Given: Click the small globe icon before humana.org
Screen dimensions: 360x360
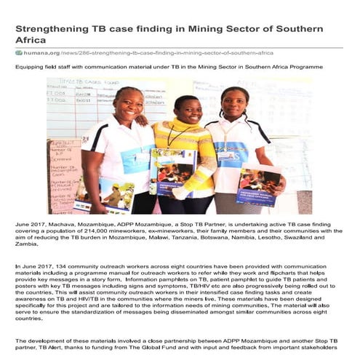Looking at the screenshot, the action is (19, 53).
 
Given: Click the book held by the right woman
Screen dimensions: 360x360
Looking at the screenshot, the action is (259, 185).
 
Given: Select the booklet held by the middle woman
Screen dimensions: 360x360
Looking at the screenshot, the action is (173, 172).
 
